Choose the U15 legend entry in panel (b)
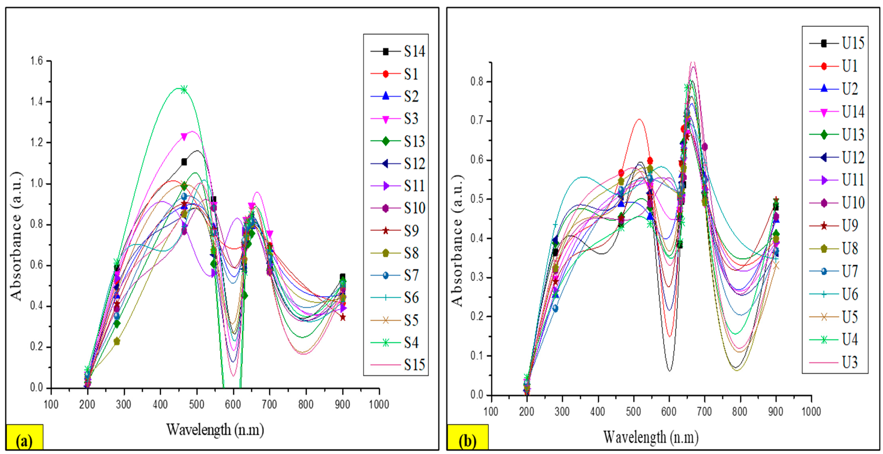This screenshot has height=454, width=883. pos(836,43)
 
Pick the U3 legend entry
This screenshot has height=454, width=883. pos(836,362)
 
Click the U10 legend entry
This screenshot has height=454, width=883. pos(836,203)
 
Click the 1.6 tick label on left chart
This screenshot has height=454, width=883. pos(37,61)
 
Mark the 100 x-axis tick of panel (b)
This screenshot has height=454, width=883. pos(491,411)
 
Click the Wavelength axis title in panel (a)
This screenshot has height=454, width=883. pos(215,430)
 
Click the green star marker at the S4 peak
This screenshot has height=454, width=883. pos(184,90)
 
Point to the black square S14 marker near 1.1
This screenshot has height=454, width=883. pos(184,162)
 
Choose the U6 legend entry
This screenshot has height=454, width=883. pos(836,294)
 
